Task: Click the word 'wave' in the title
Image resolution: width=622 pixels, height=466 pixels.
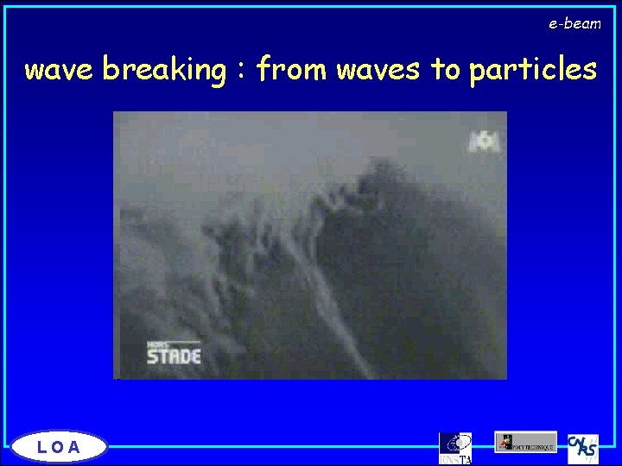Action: (x=60, y=69)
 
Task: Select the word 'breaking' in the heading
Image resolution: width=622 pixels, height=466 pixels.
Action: (x=163, y=69)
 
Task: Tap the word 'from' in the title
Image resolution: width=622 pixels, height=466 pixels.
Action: (x=291, y=69)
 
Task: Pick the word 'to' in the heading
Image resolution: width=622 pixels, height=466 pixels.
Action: (x=446, y=69)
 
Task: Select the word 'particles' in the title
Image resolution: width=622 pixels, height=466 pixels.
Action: (x=533, y=69)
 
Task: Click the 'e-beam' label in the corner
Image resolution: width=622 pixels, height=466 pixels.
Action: (x=574, y=24)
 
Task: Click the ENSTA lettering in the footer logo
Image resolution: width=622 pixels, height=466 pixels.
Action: (x=456, y=459)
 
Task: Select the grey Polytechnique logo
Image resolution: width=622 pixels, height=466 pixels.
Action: (x=525, y=442)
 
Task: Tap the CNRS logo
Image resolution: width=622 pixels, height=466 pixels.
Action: (x=583, y=449)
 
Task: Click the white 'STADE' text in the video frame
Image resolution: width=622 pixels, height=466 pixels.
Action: (x=173, y=355)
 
